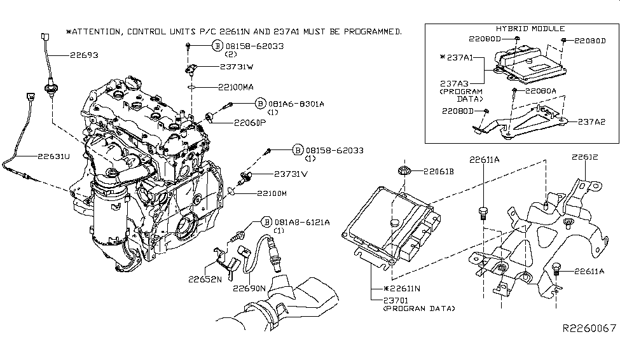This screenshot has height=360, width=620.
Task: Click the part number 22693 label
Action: point(81,55)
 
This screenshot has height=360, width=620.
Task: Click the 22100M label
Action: point(272,193)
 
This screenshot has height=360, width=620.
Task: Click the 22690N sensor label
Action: point(249,288)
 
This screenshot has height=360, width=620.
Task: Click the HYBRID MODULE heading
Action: point(521,29)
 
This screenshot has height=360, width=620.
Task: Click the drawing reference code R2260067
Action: point(589,328)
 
